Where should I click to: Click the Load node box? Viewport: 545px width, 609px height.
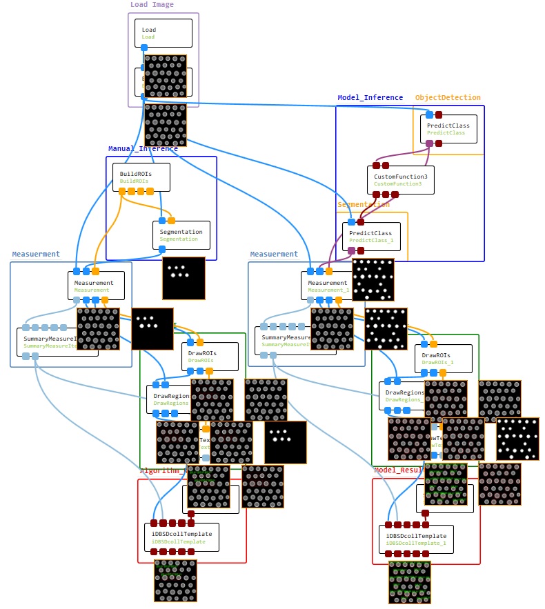[163, 32]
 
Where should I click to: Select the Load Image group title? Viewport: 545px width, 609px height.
[152, 5]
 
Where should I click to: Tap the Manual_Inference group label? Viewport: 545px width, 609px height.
[143, 149]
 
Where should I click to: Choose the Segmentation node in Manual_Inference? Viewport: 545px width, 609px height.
[181, 234]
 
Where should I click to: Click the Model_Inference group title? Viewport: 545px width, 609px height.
[370, 98]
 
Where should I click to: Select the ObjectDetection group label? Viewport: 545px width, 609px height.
[448, 98]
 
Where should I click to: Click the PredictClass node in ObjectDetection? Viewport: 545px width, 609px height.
[448, 128]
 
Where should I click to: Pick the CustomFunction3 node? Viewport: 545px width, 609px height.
[400, 179]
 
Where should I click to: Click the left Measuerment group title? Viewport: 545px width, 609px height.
[36, 254]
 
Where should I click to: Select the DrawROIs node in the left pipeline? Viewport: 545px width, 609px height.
[210, 356]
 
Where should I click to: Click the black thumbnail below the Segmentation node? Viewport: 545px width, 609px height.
[184, 278]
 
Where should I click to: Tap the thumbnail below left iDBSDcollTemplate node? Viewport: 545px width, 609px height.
[175, 581]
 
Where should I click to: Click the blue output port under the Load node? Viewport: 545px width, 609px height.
[144, 48]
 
